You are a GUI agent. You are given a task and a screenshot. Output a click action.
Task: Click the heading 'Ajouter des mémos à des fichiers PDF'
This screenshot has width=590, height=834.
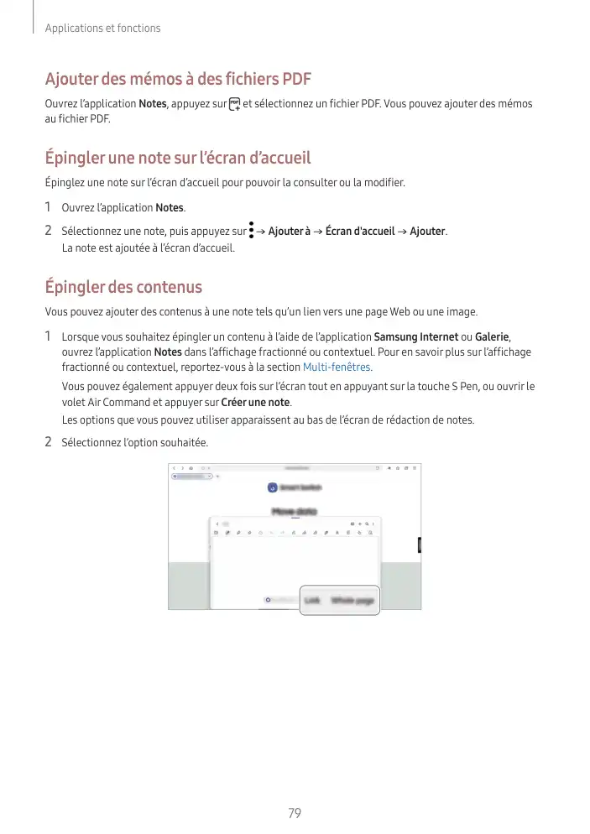(177, 79)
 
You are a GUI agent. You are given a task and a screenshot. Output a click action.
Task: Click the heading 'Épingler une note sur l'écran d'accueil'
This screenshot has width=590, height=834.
(177, 158)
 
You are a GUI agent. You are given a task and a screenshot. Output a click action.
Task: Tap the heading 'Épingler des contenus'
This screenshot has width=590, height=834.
(123, 287)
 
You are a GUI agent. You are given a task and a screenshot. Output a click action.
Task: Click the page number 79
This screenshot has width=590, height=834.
(294, 813)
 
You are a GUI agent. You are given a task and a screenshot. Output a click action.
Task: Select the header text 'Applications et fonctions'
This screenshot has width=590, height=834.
(102, 29)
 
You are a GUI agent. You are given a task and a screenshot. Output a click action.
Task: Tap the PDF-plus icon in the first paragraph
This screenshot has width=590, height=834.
(234, 104)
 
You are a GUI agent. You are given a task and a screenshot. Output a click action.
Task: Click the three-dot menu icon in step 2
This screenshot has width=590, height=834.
(251, 230)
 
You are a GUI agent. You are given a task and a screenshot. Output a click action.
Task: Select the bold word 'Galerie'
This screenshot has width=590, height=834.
(492, 337)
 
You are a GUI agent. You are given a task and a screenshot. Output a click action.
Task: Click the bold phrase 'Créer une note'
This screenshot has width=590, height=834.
(255, 402)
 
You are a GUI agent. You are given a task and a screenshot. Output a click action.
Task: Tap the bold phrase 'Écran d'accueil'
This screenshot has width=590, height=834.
(360, 231)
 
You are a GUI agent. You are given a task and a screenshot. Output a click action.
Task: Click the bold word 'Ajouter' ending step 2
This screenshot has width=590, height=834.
(427, 231)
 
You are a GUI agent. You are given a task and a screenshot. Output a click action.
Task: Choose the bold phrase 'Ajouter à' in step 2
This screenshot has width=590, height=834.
(289, 231)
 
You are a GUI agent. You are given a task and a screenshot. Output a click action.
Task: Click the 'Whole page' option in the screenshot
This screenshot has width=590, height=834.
(352, 600)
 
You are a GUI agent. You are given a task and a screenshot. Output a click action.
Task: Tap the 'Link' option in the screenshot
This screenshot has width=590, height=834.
(312, 600)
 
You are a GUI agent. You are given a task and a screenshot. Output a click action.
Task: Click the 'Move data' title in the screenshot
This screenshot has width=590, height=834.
(294, 510)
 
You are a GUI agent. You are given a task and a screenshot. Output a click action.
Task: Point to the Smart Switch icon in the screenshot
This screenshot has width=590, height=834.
(273, 487)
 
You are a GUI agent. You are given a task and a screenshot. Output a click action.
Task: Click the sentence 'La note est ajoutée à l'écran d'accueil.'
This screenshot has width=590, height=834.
(149, 248)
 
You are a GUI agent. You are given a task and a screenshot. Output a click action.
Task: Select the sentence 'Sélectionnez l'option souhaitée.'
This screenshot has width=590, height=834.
(135, 442)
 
